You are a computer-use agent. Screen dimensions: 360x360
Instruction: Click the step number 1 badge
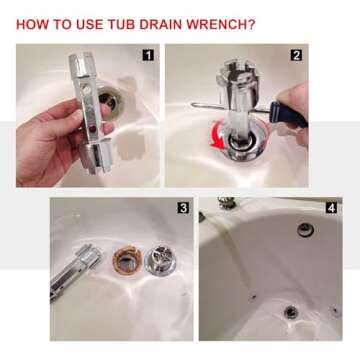click(148, 54)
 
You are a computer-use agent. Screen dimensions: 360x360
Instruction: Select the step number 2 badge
click(296, 55)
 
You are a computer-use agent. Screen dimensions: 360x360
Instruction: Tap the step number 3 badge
click(183, 208)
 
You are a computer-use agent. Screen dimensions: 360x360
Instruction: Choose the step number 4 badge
click(331, 208)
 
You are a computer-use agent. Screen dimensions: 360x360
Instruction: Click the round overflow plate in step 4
click(304, 229)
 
